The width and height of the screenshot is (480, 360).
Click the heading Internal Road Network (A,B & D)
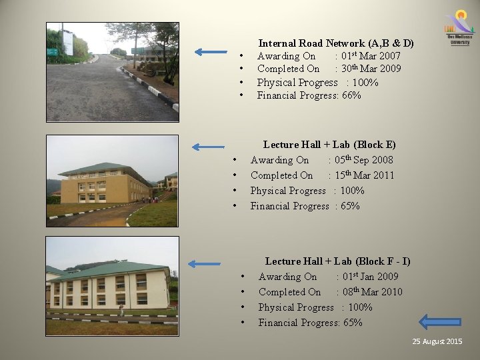pos(336,43)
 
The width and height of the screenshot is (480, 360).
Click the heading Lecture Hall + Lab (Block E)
pos(329,145)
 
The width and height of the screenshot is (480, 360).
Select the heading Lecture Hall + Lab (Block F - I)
pos(337,261)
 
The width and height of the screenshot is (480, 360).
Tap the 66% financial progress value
pos(351,95)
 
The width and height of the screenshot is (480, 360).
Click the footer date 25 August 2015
pos(437,341)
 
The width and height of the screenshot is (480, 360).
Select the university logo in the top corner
pos(459,27)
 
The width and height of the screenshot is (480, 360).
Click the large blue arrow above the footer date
pos(443,321)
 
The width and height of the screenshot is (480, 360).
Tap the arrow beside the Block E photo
pos(207,147)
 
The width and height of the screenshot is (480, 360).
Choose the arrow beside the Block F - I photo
pos(203,263)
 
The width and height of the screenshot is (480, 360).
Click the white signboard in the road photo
pos(68,42)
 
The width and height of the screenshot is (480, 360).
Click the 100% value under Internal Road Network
pos(365,83)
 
